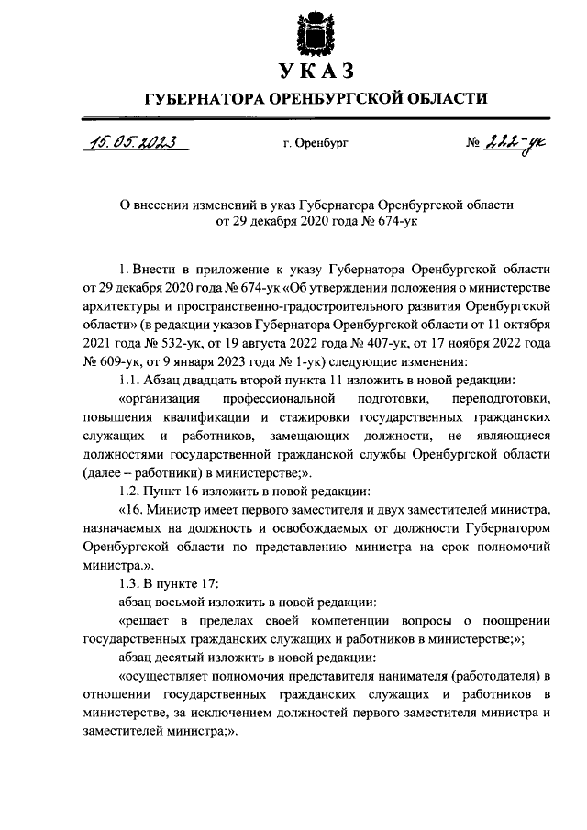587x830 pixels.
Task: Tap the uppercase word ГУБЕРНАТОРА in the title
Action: point(199,99)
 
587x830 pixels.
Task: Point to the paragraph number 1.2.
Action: point(133,491)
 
